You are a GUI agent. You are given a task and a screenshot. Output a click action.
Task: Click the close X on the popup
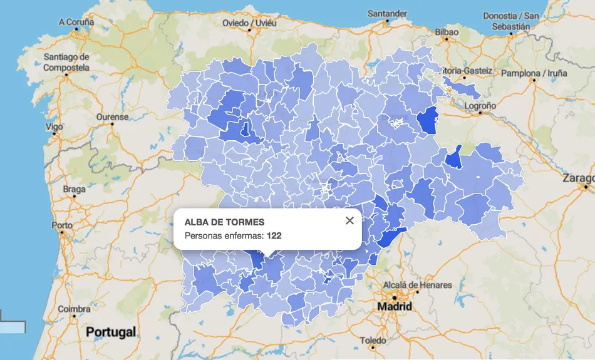point(349,220)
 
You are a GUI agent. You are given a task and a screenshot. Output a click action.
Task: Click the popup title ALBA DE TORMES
point(224,222)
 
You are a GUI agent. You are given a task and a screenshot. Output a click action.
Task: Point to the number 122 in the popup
point(274,235)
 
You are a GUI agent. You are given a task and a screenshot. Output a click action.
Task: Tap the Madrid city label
point(395,307)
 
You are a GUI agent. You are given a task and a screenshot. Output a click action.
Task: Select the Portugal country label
point(111,332)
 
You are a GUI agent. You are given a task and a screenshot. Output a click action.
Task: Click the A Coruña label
point(76,22)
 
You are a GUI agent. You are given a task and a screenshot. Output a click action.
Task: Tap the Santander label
point(388,13)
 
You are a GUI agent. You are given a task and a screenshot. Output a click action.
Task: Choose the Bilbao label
point(447,32)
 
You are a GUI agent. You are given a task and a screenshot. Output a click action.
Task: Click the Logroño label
point(480,106)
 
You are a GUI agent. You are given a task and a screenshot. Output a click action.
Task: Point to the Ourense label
point(112,117)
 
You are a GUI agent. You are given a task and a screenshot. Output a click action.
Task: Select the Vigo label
point(54,126)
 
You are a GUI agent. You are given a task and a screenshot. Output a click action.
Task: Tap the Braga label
point(75,189)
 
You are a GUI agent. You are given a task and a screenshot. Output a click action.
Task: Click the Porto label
point(62,225)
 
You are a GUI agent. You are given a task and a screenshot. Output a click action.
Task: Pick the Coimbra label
point(74,309)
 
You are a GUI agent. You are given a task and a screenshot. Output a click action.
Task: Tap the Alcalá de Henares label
point(417,285)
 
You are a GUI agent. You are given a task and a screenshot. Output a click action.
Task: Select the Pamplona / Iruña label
point(534,73)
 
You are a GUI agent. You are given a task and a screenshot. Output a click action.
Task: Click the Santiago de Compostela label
point(66,62)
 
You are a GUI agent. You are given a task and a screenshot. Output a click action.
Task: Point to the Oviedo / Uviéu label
point(249,23)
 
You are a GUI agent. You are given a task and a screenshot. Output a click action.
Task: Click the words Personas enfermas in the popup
point(224,235)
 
